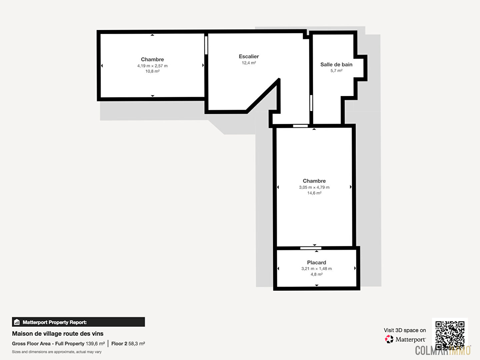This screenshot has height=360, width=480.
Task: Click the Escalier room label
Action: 249,56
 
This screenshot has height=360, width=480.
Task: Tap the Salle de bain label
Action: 336,64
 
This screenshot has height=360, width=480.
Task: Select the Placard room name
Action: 316,262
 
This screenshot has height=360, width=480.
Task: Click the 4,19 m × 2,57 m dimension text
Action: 152,66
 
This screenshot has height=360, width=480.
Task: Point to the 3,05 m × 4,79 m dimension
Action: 314,187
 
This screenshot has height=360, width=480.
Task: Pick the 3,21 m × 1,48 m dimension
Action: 316,269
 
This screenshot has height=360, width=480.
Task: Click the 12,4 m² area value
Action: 249,63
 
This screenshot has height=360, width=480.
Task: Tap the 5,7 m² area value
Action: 336,71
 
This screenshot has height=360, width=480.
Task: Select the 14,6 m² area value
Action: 314,193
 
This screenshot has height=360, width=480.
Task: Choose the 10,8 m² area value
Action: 152,71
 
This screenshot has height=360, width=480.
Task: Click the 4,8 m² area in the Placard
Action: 316,274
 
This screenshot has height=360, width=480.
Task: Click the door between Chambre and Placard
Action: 311,248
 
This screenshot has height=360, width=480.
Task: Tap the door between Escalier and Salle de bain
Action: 311,103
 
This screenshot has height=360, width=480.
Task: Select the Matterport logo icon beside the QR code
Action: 389,339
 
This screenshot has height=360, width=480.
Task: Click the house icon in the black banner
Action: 17,322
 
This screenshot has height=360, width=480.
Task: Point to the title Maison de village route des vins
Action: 58,334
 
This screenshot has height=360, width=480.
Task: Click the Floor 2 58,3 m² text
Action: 128,344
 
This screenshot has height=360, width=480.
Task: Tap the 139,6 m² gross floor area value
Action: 95,344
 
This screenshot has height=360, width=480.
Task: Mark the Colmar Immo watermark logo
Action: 443,351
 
